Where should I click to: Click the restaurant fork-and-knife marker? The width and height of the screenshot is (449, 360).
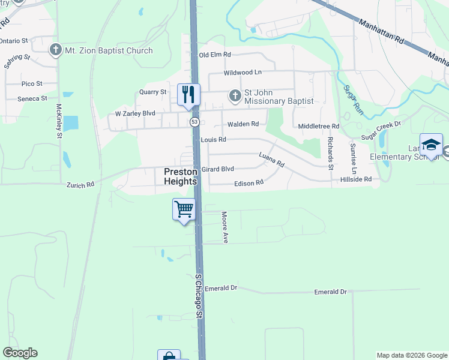[x=188, y=94]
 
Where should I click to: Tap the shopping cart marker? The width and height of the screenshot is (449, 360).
[x=184, y=209]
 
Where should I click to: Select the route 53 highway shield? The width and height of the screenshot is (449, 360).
[x=194, y=122]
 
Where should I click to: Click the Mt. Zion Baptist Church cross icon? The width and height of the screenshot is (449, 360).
[x=56, y=50]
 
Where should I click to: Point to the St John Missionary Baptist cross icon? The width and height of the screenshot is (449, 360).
[x=235, y=95]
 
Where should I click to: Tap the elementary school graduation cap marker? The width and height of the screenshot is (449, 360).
[x=431, y=145]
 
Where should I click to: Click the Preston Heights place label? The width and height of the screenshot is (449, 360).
[x=180, y=176]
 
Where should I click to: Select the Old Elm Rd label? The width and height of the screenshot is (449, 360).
[x=215, y=55]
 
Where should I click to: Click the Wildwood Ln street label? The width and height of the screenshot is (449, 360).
[x=243, y=73]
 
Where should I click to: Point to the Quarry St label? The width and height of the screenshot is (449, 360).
[x=152, y=92]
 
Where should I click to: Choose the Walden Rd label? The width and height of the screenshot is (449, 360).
[x=243, y=124]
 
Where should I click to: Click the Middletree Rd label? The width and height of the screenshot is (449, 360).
[x=319, y=127]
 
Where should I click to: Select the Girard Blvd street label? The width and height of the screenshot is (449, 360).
[x=217, y=169]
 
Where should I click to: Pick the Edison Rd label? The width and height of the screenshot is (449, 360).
[x=249, y=182]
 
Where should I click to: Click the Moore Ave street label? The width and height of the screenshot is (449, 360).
[x=225, y=227]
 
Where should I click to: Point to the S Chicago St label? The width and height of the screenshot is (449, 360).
[x=199, y=297]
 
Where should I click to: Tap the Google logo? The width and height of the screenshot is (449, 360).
[x=20, y=353]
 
